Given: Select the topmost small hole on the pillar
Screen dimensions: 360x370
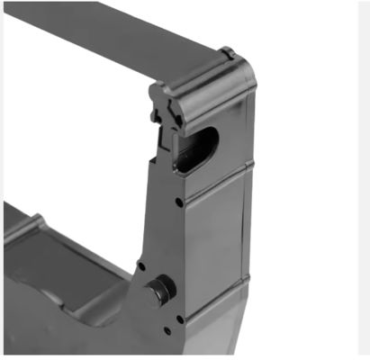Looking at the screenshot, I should pos(181,202).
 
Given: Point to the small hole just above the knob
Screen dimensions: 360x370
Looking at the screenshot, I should pos(141,265).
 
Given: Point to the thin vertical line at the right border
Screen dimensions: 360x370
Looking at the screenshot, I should pos(358,180).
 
